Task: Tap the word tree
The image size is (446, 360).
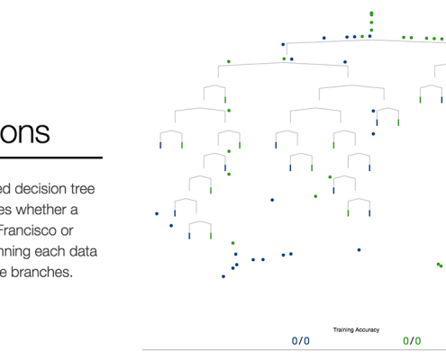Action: [102, 189]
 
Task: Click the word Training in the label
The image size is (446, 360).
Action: [345, 330]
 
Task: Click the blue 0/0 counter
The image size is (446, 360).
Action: [300, 341]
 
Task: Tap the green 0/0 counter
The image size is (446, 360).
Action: [412, 341]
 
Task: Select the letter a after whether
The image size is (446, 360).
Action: [98, 210]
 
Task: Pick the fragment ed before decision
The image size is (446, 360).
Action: [7, 189]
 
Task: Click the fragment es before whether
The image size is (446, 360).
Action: [7, 210]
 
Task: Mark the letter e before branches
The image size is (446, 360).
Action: [5, 272]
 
